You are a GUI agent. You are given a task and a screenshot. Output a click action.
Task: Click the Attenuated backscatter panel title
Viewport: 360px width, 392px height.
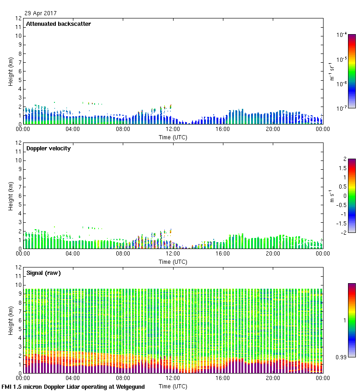pos(58,24)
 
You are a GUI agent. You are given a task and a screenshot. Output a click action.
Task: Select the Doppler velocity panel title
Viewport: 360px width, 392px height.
pos(48,148)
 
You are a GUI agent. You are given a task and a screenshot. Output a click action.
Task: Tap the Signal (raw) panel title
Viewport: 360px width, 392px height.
pos(43,273)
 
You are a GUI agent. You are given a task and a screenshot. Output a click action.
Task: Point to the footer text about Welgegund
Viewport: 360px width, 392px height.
pos(73,387)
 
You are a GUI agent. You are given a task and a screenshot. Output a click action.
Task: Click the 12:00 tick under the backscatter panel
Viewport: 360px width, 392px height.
pos(173,129)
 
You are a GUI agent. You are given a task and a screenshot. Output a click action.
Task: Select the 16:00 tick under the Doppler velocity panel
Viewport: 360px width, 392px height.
pos(223,254)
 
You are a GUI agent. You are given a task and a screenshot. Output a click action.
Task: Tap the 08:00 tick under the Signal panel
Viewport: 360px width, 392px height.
pos(123,378)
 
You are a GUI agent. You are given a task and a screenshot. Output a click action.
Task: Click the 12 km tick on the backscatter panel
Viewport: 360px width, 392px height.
pos(18,18)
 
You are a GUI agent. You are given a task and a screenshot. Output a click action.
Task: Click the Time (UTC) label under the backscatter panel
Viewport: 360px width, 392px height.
pos(173,137)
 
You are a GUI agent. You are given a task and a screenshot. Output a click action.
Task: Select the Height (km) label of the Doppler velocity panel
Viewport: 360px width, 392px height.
pos(11,196)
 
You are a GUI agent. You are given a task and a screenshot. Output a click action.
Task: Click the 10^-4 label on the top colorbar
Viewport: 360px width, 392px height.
pos(342,35)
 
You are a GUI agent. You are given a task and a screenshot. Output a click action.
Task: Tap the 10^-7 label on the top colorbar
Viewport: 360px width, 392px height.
pos(342,108)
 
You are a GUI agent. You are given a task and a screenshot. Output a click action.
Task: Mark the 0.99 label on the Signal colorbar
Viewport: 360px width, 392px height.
pos(342,357)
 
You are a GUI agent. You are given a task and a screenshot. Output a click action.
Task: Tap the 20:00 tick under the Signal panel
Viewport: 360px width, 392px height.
pos(273,378)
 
